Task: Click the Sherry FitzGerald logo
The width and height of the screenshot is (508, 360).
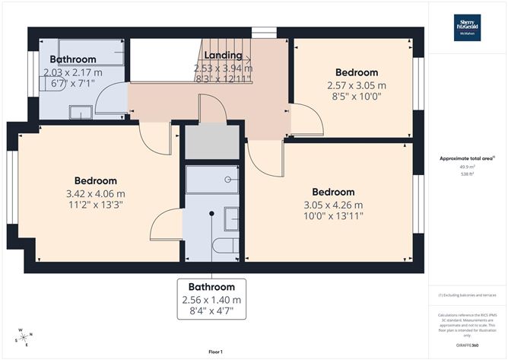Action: [467, 28]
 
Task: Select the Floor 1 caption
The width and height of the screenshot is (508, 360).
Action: [215, 352]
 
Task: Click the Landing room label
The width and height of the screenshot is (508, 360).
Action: [224, 56]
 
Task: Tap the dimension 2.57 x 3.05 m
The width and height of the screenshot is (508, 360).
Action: [356, 85]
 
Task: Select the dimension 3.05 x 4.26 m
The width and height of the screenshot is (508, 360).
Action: [334, 205]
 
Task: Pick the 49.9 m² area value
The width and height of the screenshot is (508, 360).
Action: [467, 166]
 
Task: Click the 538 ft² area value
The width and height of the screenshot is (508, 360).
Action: [467, 174]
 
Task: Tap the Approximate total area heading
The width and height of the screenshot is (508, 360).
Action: [466, 158]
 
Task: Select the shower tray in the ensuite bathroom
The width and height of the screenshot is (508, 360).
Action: [213, 180]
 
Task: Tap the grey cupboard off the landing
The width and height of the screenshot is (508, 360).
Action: [212, 142]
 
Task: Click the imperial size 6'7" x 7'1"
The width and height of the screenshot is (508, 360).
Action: [69, 84]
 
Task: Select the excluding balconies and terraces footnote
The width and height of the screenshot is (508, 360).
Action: [467, 295]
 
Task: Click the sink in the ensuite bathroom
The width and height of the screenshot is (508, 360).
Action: [231, 218]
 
